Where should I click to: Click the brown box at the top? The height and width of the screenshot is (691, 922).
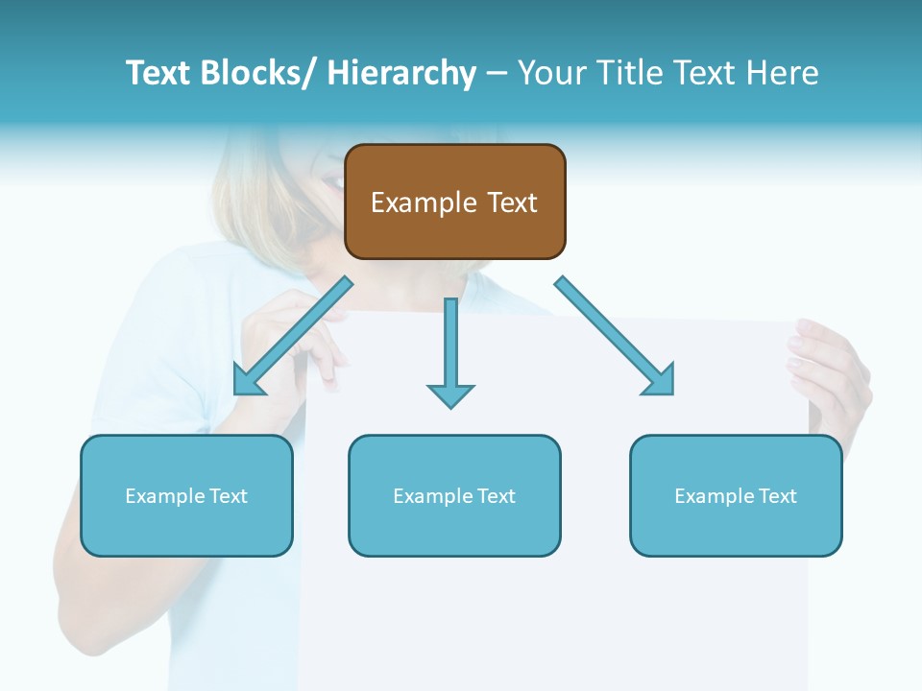(454, 202)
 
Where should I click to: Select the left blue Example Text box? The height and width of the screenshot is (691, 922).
(186, 495)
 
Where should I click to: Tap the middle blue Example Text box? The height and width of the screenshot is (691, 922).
(454, 495)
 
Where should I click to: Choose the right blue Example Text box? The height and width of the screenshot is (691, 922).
(736, 495)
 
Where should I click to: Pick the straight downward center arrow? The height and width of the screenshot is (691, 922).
(450, 350)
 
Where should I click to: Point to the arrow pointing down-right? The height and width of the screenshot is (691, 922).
(615, 336)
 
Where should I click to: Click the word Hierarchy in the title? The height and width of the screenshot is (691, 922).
(401, 73)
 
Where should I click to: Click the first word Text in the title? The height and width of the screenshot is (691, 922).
(158, 73)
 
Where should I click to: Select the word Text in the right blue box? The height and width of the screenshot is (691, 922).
(777, 496)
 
